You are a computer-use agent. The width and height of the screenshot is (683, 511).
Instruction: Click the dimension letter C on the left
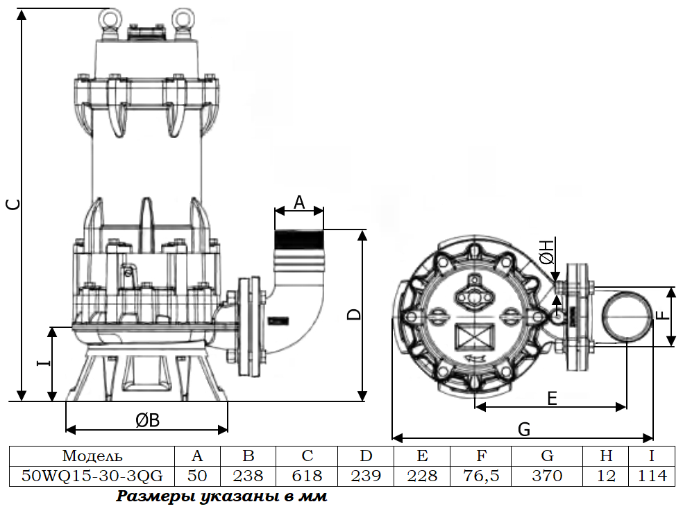[x=14, y=204]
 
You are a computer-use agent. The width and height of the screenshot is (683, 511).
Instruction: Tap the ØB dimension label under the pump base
[x=147, y=420]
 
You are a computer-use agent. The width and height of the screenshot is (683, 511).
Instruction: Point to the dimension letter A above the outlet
[x=299, y=202]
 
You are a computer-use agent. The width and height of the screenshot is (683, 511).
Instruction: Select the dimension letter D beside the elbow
[x=355, y=314]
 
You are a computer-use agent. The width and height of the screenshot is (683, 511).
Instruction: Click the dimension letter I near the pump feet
[x=43, y=362]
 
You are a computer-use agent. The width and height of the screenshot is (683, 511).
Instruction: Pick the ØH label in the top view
[x=546, y=252]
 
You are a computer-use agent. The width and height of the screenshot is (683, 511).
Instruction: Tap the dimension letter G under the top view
[x=524, y=429]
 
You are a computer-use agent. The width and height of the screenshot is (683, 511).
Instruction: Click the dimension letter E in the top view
[x=552, y=398]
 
